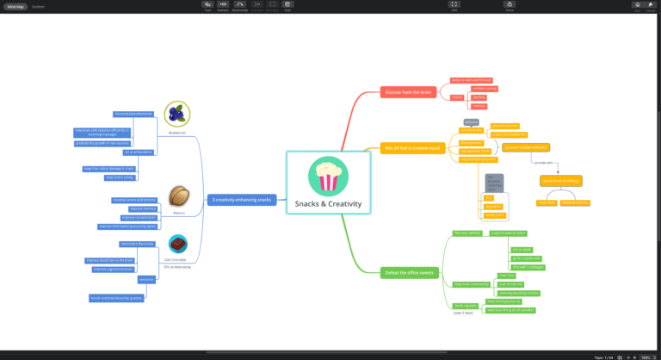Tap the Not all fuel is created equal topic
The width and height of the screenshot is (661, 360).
413,148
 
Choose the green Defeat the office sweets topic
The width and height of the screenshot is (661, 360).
411,272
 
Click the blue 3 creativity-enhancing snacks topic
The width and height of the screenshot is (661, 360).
242,200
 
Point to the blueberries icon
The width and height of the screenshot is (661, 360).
177,113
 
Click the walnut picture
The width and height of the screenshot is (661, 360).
179,195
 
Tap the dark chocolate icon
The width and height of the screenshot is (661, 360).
179,244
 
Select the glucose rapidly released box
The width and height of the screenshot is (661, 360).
526,147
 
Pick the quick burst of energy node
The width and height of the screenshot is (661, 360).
561,180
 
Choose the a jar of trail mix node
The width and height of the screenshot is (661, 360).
511,284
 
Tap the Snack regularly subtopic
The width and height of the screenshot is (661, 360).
465,306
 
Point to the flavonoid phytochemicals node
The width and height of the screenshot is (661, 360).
133,114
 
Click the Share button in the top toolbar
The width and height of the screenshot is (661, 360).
510,6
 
